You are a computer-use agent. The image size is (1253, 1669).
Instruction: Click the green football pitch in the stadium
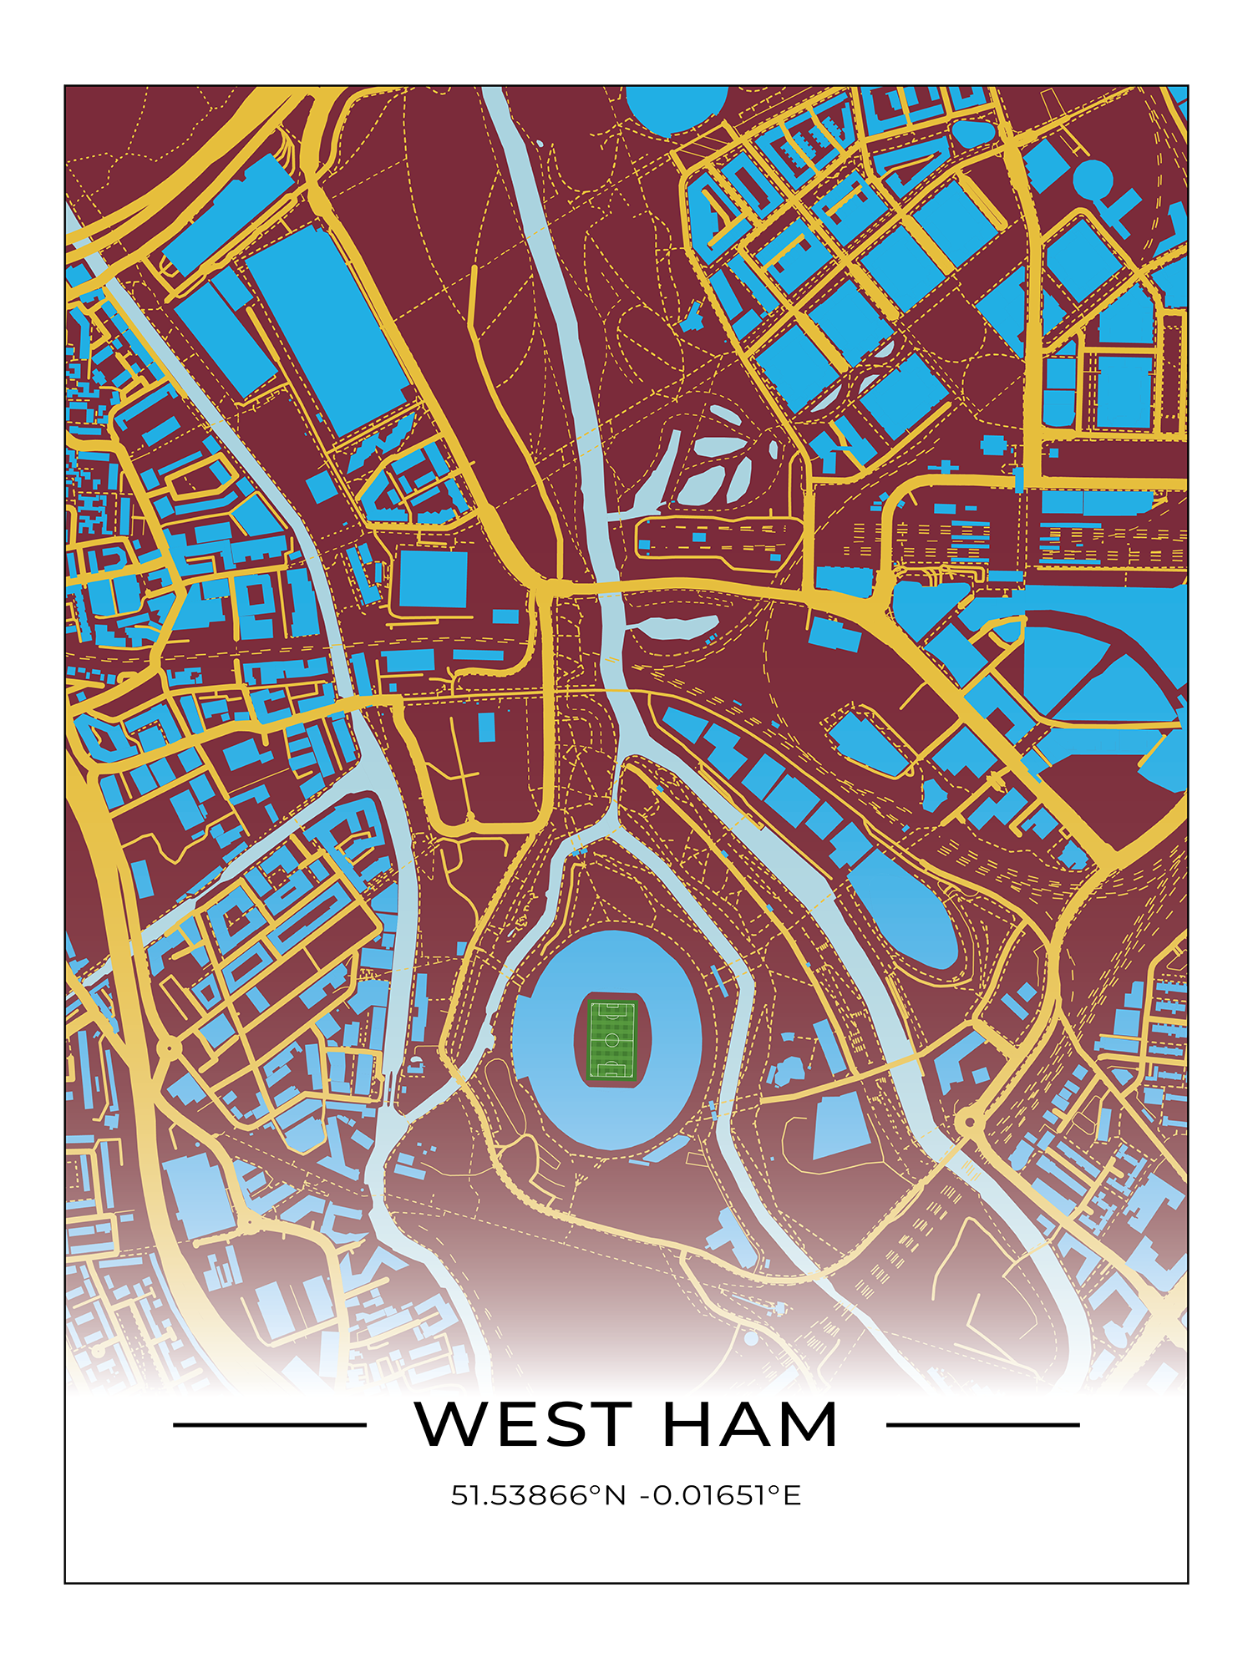click(611, 1039)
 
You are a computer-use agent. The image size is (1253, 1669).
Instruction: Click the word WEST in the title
click(522, 1424)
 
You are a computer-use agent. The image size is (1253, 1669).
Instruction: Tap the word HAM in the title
click(750, 1424)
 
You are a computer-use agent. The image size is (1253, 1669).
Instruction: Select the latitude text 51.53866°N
click(538, 1494)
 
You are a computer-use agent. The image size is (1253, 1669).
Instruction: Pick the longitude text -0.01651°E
click(720, 1494)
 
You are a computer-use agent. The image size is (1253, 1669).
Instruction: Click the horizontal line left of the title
click(269, 1424)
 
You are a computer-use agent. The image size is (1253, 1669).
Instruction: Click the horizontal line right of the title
click(982, 1424)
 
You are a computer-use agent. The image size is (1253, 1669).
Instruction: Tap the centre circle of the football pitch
click(611, 1039)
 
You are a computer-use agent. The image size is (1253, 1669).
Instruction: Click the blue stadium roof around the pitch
click(543, 1040)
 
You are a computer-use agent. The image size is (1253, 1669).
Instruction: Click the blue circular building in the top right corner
click(1093, 179)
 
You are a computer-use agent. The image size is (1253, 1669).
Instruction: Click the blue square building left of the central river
click(433, 578)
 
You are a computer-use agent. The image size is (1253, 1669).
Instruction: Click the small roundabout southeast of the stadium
click(968, 1120)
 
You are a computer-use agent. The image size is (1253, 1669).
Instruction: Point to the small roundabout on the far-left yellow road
click(168, 1047)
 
